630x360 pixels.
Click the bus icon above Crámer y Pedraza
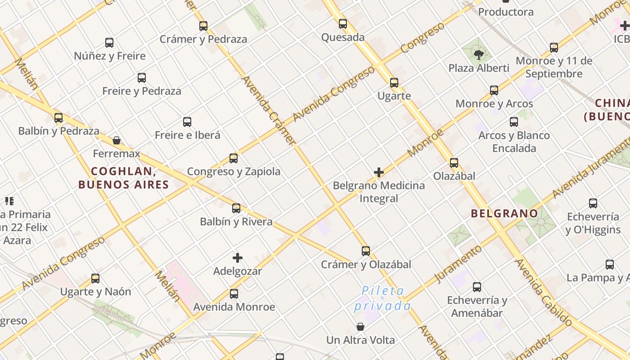(203, 26)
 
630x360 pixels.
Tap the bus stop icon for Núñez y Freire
(109, 43)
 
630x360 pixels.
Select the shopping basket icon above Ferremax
(117, 140)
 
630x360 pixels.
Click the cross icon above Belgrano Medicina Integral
(379, 172)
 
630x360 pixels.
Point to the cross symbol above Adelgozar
(238, 258)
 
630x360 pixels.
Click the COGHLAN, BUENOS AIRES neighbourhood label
(123, 178)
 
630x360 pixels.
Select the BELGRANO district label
(504, 213)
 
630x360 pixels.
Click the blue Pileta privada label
(382, 298)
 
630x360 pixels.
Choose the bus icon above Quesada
(343, 24)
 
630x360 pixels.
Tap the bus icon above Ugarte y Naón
(95, 279)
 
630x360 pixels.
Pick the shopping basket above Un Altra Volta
(360, 327)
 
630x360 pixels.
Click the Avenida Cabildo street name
(543, 292)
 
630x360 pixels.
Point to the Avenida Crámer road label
(269, 110)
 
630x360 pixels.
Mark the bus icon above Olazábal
(454, 163)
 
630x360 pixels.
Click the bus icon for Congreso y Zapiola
(234, 158)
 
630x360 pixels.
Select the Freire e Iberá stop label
(188, 135)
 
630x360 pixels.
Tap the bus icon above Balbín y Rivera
(236, 208)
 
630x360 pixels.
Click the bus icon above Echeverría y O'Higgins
(593, 203)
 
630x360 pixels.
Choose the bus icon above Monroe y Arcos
(494, 90)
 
